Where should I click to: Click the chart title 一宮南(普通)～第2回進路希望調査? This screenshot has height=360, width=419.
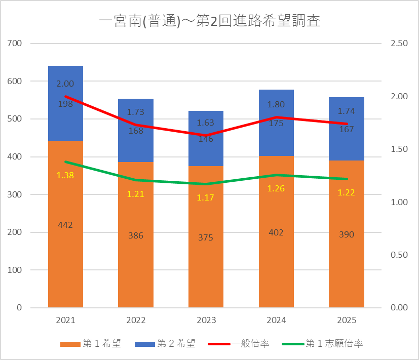coord(210,21)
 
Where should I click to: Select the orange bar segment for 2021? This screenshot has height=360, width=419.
coord(65,224)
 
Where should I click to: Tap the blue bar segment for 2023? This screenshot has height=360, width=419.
coord(206,139)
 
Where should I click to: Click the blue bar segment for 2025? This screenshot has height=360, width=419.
coord(347,129)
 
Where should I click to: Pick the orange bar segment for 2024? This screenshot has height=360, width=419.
coord(276,232)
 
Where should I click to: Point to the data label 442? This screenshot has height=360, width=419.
coord(65,225)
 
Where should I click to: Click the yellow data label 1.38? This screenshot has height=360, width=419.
coord(65,175)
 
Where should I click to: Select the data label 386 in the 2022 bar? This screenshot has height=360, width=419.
coord(136,235)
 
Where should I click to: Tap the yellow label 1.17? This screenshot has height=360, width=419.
coord(206,197)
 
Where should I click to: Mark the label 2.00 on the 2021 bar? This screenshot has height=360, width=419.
coord(65,84)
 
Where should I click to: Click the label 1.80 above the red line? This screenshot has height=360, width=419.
coord(276,104)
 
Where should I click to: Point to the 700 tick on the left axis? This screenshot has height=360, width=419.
coord(14,43)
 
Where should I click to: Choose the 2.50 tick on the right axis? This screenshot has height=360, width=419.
coord(399,43)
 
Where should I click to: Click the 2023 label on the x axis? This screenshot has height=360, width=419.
coord(206,320)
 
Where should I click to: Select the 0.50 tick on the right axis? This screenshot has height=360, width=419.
coord(399,255)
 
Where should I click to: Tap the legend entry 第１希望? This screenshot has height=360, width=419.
coord(91,343)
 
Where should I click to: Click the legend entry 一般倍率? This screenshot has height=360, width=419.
coord(238,343)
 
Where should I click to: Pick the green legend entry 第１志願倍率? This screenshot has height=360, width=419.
coord(323,343)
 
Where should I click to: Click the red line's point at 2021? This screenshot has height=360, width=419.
coord(65,96)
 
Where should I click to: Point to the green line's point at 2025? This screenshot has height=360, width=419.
coord(347,179)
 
